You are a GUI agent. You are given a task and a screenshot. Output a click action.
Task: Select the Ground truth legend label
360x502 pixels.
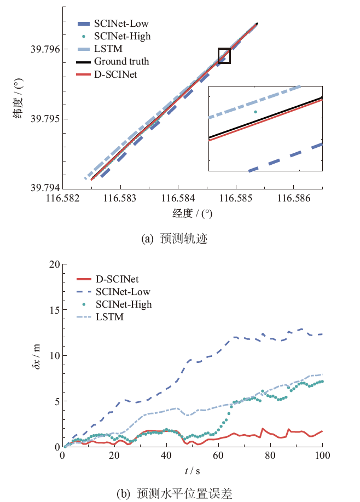tap(121, 61)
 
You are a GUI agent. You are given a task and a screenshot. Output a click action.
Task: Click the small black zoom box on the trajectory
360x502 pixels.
tap(224, 56)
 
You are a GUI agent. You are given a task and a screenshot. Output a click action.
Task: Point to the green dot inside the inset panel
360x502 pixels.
tap(256, 112)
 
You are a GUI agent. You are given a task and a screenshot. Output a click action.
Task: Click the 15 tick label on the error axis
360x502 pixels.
tap(54, 310)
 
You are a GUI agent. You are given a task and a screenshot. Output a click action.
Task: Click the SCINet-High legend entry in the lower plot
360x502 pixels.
tap(123, 304)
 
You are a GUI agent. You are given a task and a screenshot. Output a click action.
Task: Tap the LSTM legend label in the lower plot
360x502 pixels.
tap(109, 316)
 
